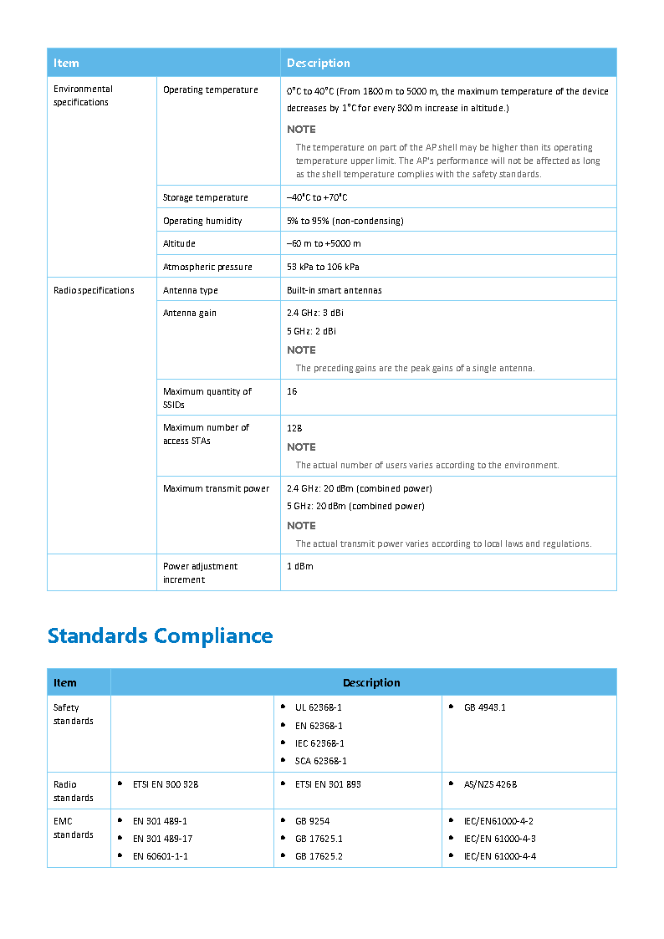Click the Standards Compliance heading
click(x=160, y=635)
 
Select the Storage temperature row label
click(x=205, y=198)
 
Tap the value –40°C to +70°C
click(x=317, y=198)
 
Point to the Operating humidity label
click(x=202, y=222)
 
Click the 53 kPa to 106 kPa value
click(x=323, y=268)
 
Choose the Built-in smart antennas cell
click(x=334, y=291)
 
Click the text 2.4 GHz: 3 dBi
click(x=314, y=314)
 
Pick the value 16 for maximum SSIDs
click(x=292, y=391)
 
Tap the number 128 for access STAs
click(x=294, y=428)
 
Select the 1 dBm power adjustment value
click(x=299, y=567)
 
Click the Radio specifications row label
click(x=94, y=291)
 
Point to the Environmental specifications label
click(x=83, y=95)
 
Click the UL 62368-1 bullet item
click(x=318, y=707)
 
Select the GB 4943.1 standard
click(x=484, y=707)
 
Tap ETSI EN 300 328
click(x=165, y=784)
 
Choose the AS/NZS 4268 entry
click(x=490, y=784)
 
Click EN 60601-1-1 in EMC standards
click(x=160, y=856)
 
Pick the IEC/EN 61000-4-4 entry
click(x=499, y=856)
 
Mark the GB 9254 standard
click(x=312, y=821)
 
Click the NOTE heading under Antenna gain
click(x=301, y=350)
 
